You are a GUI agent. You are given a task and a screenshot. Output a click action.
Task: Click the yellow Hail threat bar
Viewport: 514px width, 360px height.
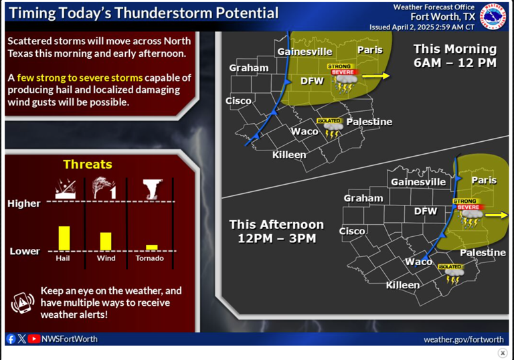coord(64,238)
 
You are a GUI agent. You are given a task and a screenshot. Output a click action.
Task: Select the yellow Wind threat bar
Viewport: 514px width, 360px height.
coord(106,241)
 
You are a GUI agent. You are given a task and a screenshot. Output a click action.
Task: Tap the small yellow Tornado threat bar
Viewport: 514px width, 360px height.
coord(152,247)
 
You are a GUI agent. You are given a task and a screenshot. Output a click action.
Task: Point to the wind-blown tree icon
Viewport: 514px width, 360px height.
coord(104,188)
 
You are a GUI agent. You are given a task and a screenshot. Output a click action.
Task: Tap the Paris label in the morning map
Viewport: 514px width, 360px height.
coord(369,50)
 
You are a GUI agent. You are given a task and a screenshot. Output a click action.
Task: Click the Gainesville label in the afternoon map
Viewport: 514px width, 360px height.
coord(418,181)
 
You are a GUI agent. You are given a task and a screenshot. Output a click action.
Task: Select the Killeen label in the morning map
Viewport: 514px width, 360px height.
coord(289,155)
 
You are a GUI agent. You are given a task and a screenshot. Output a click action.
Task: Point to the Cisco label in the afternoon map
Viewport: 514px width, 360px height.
coord(352,231)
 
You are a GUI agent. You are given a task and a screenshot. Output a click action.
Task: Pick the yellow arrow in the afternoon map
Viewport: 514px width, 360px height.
coord(496,215)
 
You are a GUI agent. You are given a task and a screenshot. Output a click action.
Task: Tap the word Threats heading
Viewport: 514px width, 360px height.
coord(88,164)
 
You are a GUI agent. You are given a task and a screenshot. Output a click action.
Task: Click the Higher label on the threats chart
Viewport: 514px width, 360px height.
coord(24,203)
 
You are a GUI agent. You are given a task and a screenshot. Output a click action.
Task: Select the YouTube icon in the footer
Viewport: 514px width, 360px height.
coord(34,339)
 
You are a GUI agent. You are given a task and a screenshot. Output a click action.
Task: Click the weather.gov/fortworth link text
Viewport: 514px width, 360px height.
coord(463,339)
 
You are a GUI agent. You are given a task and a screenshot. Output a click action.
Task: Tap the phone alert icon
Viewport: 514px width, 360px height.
coord(22,303)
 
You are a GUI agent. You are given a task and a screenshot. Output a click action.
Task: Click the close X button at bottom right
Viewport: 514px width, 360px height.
coord(503,353)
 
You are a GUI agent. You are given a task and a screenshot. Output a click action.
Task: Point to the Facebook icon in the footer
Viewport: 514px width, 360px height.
coord(11,339)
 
